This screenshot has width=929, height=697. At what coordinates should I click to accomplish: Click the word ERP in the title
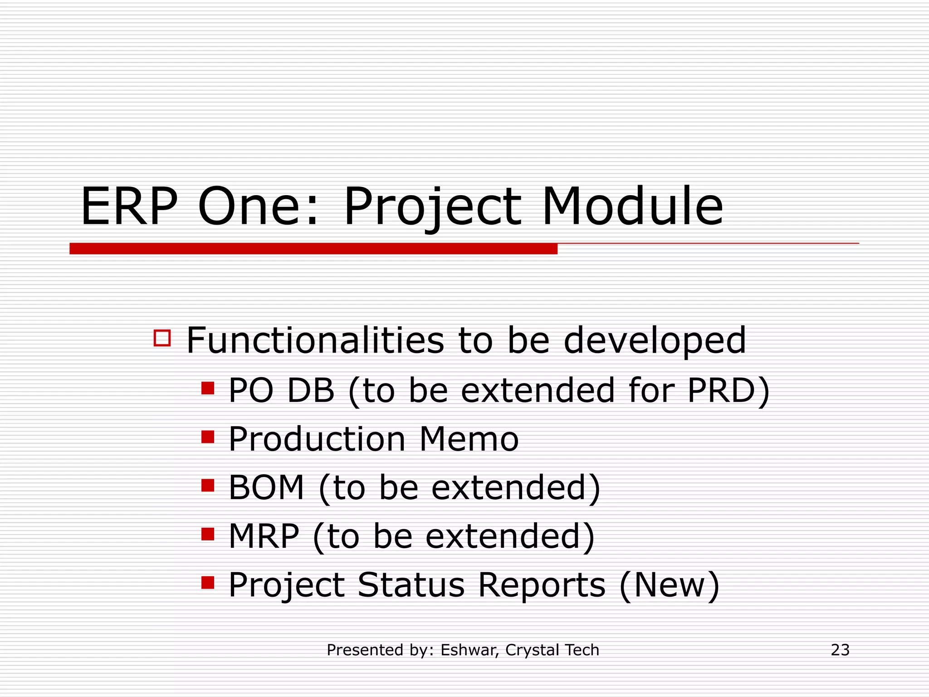point(129,206)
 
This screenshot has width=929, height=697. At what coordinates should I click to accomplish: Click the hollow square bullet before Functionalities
point(162,339)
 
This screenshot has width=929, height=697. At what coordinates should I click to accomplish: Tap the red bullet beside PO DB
point(208,388)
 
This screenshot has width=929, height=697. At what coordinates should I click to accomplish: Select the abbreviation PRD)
point(728,391)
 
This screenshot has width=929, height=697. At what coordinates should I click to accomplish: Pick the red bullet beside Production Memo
point(208,437)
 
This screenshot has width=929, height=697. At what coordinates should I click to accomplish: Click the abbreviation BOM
point(266,488)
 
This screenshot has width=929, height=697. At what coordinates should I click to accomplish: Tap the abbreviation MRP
point(264,536)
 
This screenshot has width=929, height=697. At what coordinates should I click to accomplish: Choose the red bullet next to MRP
point(208,534)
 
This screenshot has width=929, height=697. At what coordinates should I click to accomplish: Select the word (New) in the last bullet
point(670,585)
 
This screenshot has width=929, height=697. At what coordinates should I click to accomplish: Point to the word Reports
point(542,585)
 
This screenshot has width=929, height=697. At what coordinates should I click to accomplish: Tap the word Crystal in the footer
point(526,650)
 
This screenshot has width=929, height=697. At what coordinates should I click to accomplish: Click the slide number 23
point(840,650)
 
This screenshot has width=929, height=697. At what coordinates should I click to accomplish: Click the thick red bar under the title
point(313,249)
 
